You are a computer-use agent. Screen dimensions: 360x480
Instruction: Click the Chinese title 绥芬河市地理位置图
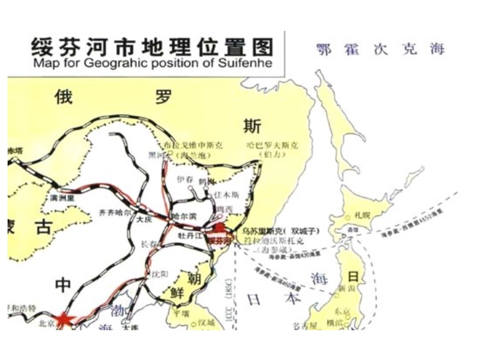click(152, 47)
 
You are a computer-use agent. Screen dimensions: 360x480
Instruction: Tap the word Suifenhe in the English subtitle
click(249, 63)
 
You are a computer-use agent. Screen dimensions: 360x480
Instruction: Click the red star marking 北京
click(65, 319)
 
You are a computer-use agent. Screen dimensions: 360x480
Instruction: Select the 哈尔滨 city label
click(184, 216)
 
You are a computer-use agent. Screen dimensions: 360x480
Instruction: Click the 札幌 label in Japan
click(363, 215)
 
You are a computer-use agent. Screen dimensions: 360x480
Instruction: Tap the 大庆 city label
click(145, 220)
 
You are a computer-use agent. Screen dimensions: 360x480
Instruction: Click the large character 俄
click(64, 96)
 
